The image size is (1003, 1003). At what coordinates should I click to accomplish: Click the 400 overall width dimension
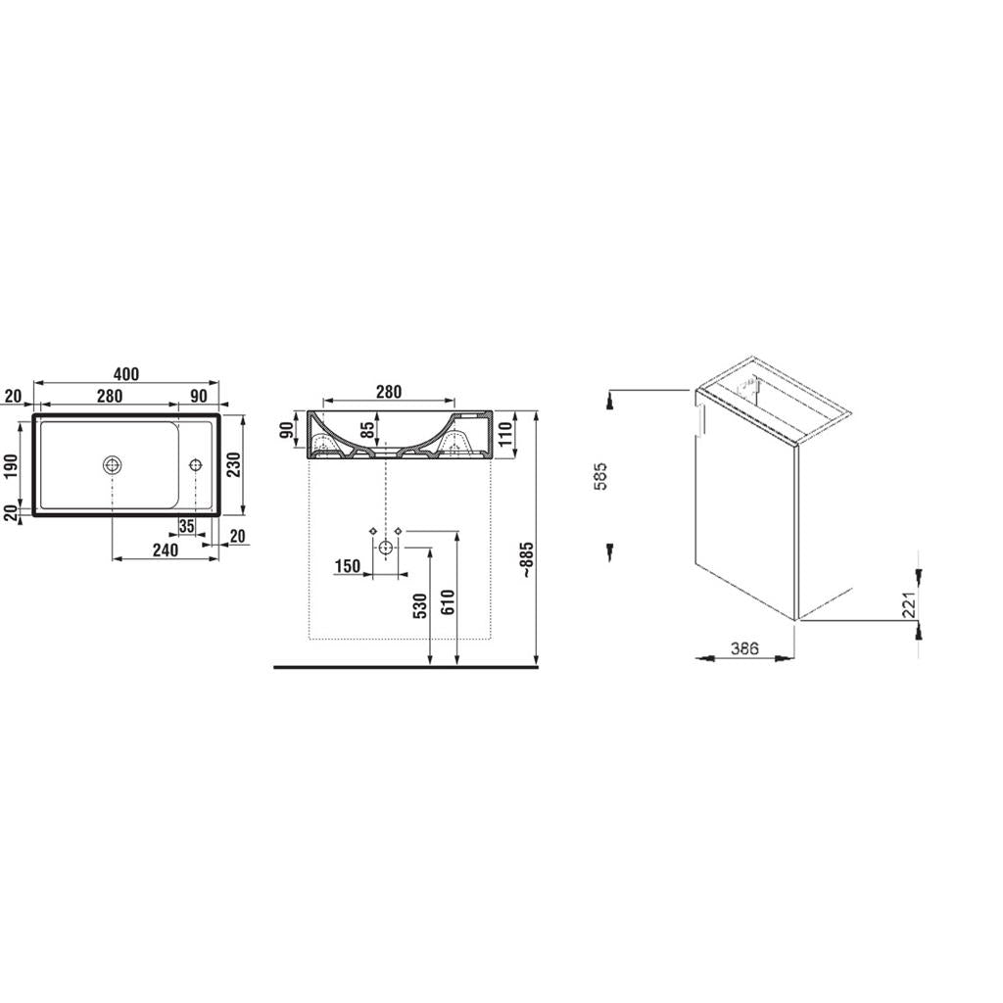[126, 373]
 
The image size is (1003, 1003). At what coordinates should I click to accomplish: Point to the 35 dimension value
[186, 526]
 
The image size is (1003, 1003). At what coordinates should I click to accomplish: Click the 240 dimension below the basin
[166, 549]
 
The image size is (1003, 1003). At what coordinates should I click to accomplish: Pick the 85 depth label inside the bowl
[367, 429]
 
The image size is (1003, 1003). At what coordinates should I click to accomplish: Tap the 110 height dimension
[505, 435]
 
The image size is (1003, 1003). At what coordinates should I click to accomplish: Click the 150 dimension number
[348, 565]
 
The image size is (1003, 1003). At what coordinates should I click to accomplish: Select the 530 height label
[420, 605]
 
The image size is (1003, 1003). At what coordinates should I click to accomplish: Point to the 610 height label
[447, 602]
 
